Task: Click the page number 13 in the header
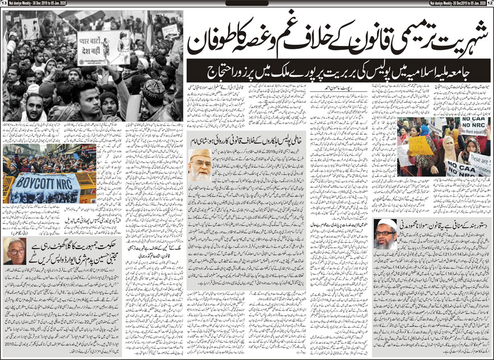[x=4, y=3]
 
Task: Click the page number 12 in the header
[x=489, y=3]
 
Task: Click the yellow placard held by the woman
[x=420, y=145]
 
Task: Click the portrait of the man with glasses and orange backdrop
[x=14, y=250]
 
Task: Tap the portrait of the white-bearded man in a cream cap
[x=199, y=165]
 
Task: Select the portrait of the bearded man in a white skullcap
[x=386, y=234]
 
